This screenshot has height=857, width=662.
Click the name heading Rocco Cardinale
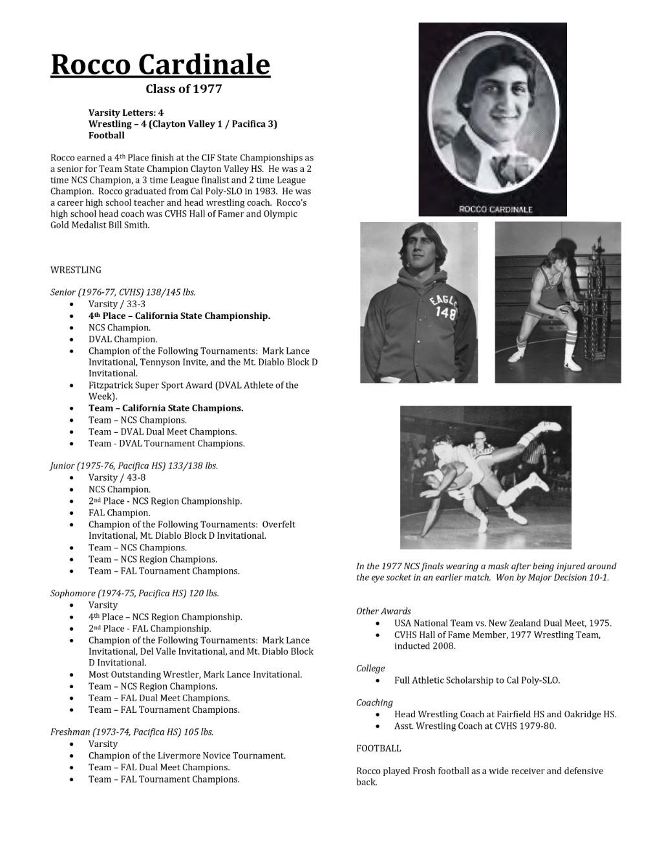[x=160, y=65]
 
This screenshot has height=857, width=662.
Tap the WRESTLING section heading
[x=76, y=270]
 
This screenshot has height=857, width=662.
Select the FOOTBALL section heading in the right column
[x=378, y=748]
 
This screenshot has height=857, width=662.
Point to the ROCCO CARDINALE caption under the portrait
[x=495, y=209]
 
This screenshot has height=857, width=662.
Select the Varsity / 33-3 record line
[x=117, y=304]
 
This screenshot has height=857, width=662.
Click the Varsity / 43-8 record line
[x=117, y=477]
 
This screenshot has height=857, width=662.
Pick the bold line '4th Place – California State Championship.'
[x=179, y=316]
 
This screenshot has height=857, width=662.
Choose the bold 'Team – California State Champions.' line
[x=165, y=408]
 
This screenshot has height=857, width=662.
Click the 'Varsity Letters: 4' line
[x=126, y=112]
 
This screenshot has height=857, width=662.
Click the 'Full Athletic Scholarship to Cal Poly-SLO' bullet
[x=476, y=680]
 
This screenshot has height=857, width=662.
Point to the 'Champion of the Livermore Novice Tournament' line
[x=187, y=755]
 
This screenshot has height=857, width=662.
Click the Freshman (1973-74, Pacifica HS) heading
[x=132, y=732]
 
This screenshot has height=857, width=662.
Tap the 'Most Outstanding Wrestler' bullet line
[x=195, y=675]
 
